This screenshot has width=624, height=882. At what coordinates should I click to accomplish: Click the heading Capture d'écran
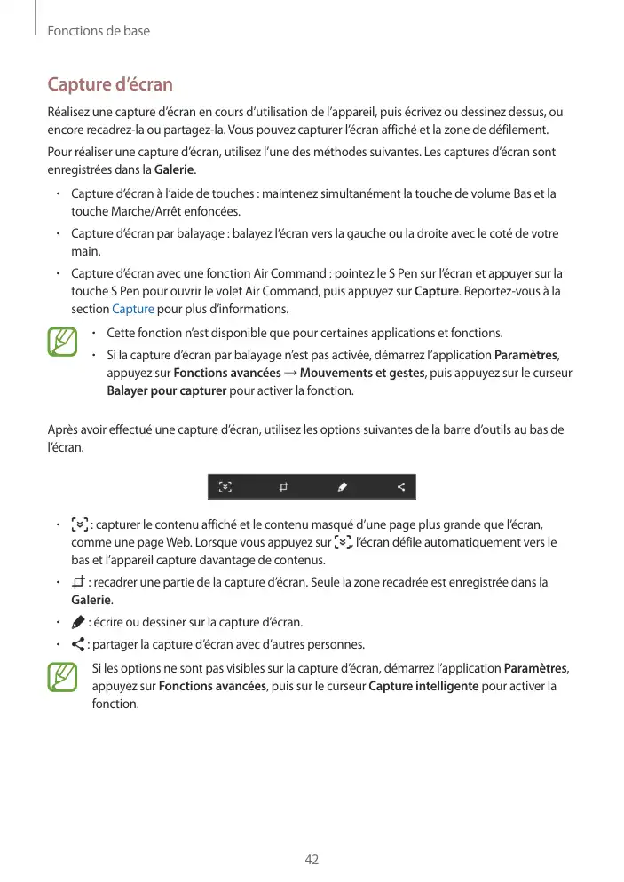pos(109,85)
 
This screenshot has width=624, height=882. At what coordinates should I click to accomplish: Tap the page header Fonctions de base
pos(98,31)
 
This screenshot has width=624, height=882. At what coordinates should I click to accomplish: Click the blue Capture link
pos(133,309)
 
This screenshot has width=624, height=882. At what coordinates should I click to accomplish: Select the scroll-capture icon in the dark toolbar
pos(225,487)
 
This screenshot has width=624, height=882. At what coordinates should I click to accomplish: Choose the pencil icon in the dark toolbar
pos(343,487)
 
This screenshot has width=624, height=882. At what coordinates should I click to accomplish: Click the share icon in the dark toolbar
pos(401,487)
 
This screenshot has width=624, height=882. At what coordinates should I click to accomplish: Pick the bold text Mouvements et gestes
pos(363,373)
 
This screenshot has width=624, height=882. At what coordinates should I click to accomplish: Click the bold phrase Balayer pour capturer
pos(166,390)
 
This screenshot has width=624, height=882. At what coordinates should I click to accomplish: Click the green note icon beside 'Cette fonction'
pos(62,342)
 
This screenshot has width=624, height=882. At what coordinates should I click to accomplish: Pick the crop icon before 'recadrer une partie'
pos(79,583)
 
